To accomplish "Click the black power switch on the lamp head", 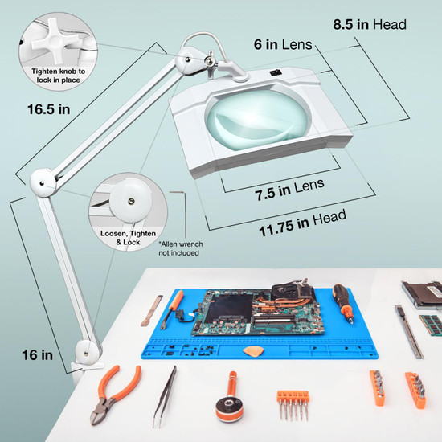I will click(274, 74).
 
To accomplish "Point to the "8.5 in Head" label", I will click(370, 25).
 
